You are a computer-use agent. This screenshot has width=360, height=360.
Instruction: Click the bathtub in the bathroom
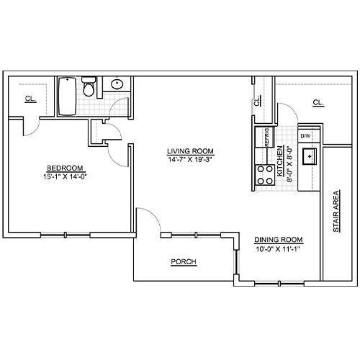pyautogui.click(x=67, y=96)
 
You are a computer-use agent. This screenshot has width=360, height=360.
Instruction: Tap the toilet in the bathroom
pyautogui.click(x=89, y=86)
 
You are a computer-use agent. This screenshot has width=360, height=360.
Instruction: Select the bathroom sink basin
pyautogui.click(x=117, y=84)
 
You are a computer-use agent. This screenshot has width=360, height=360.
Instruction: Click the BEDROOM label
pyautogui.click(x=65, y=168)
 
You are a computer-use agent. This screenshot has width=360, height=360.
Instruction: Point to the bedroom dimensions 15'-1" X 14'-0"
pyautogui.click(x=65, y=176)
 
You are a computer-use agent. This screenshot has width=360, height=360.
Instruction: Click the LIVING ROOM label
pyautogui.click(x=190, y=151)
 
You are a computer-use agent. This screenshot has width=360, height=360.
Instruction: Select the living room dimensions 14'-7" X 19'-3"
pyautogui.click(x=190, y=160)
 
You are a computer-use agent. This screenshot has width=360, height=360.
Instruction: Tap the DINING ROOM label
pyautogui.click(x=279, y=240)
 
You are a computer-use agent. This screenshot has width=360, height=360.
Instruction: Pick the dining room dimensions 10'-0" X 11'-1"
pyautogui.click(x=279, y=249)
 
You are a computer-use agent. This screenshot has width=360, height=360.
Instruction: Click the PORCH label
pyautogui.click(x=184, y=261)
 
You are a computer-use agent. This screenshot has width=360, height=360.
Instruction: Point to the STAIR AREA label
pyautogui.click(x=336, y=211)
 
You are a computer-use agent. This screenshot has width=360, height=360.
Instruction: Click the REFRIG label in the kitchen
pyautogui.click(x=267, y=138)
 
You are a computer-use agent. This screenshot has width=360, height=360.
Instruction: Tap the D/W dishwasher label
pyautogui.click(x=305, y=136)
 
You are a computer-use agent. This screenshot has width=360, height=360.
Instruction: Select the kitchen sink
pyautogui.click(x=310, y=156)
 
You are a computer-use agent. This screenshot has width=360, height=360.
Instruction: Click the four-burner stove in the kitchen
pyautogui.click(x=265, y=175)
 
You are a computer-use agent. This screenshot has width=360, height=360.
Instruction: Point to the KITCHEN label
pyautogui.click(x=280, y=161)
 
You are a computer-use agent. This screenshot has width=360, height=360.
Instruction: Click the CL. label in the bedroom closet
pyautogui.click(x=31, y=99)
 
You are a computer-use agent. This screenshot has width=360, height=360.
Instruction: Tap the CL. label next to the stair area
pyautogui.click(x=318, y=103)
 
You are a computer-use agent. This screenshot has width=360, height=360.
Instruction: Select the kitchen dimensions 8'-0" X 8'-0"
pyautogui.click(x=289, y=165)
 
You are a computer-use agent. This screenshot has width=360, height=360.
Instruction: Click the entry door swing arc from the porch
pyautogui.click(x=154, y=215)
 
